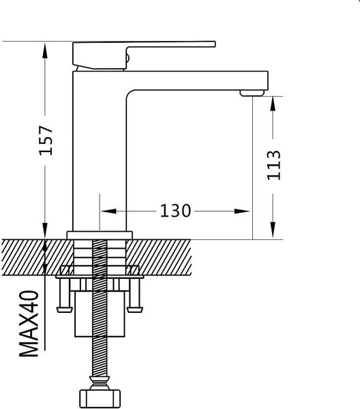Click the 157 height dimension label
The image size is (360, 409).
(46, 140)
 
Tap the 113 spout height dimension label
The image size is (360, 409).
(274, 166)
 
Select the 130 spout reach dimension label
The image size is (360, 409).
(175, 211)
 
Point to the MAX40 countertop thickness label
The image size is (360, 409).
(29, 324)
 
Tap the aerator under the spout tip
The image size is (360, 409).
(252, 93)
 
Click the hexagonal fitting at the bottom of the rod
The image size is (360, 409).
(100, 399)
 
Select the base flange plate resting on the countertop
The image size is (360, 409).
(100, 235)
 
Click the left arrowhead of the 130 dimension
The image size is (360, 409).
(108, 211)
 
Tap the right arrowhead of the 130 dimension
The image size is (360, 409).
(242, 211)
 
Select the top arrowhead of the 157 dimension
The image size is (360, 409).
(45, 50)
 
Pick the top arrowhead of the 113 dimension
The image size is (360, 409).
(273, 104)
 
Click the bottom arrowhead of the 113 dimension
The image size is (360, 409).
(273, 230)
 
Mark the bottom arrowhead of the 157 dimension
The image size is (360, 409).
(45, 230)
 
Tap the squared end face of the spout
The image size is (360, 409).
(266, 80)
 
